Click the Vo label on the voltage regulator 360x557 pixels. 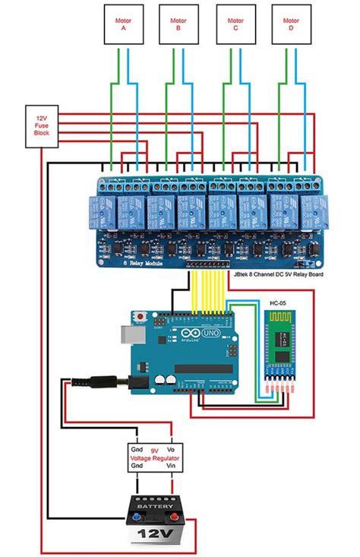(172, 450)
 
